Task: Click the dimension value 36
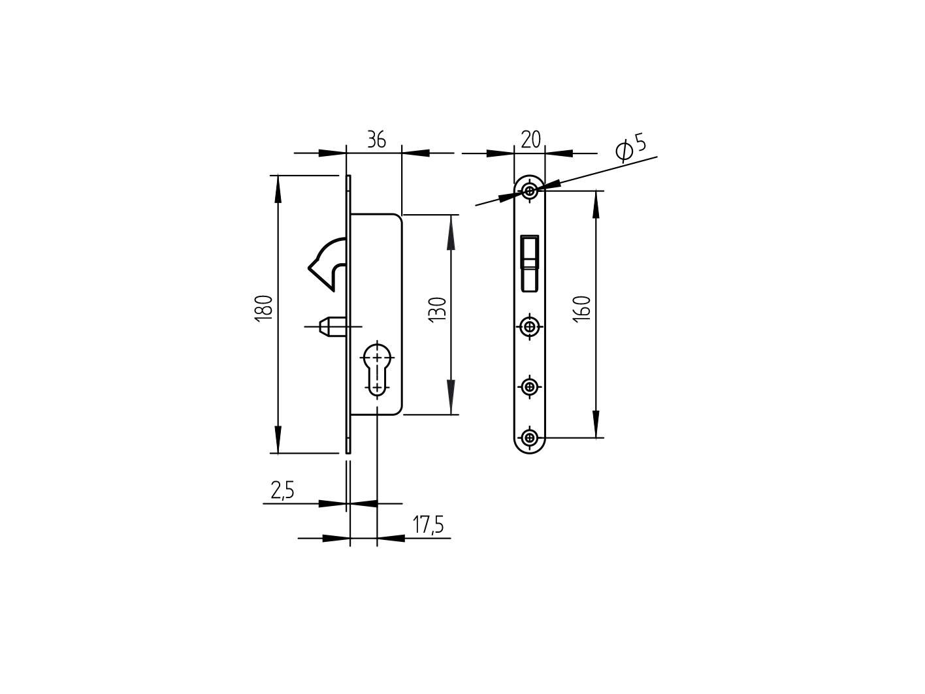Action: point(376,140)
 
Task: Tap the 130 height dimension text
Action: point(437,308)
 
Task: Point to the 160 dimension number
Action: point(583,308)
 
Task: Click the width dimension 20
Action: point(530,140)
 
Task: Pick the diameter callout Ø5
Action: point(631,148)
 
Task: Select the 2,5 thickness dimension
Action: point(282,490)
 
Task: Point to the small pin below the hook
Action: point(330,325)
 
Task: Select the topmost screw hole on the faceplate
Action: point(530,191)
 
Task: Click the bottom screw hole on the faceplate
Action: point(530,437)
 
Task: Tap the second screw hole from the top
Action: point(530,325)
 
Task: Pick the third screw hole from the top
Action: point(530,387)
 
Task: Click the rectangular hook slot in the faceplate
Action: point(529,263)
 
